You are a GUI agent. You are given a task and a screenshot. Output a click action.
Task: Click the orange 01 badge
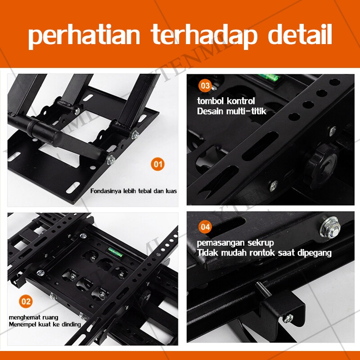157,164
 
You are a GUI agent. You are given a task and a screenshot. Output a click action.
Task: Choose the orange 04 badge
205,227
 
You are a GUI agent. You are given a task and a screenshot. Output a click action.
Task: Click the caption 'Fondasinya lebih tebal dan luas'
134,191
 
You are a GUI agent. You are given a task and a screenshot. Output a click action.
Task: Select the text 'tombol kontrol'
226,100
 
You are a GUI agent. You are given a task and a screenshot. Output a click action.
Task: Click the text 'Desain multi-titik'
232,111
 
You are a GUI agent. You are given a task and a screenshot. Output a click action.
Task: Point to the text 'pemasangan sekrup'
235,243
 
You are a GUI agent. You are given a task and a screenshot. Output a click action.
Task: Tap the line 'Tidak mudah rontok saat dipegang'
264,253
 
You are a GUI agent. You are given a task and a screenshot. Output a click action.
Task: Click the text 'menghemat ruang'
33,317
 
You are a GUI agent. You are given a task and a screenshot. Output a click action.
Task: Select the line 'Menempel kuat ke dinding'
45,324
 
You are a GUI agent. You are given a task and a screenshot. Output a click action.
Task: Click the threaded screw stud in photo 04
264,291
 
